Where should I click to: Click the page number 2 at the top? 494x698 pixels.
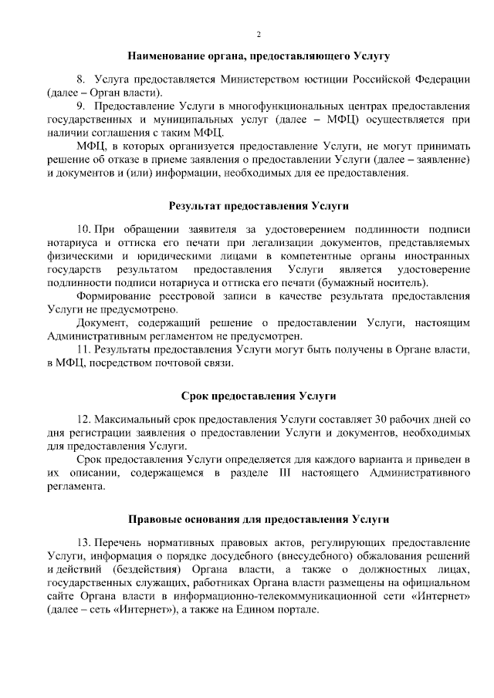coord(259,35)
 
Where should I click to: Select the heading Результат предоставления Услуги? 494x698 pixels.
coord(259,206)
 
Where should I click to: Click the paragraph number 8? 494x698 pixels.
coord(80,79)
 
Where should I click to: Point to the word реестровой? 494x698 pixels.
coord(180,296)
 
